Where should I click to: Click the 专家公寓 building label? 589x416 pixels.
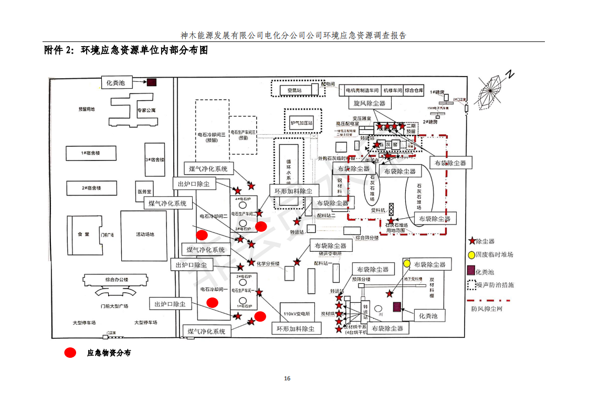(x=146, y=111)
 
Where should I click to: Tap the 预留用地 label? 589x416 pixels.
(x=87, y=109)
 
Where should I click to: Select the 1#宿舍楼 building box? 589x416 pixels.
(x=91, y=153)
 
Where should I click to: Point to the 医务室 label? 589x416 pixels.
(x=144, y=191)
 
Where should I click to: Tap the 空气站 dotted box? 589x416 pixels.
(x=294, y=90)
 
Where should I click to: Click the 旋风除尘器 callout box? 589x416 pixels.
(x=369, y=103)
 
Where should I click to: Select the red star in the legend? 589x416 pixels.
(x=471, y=241)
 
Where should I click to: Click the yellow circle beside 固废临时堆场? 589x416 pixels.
(x=471, y=255)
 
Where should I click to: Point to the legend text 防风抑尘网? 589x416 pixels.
(x=487, y=308)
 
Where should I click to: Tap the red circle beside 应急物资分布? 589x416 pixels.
(x=70, y=353)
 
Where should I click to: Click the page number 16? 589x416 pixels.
(x=287, y=378)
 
